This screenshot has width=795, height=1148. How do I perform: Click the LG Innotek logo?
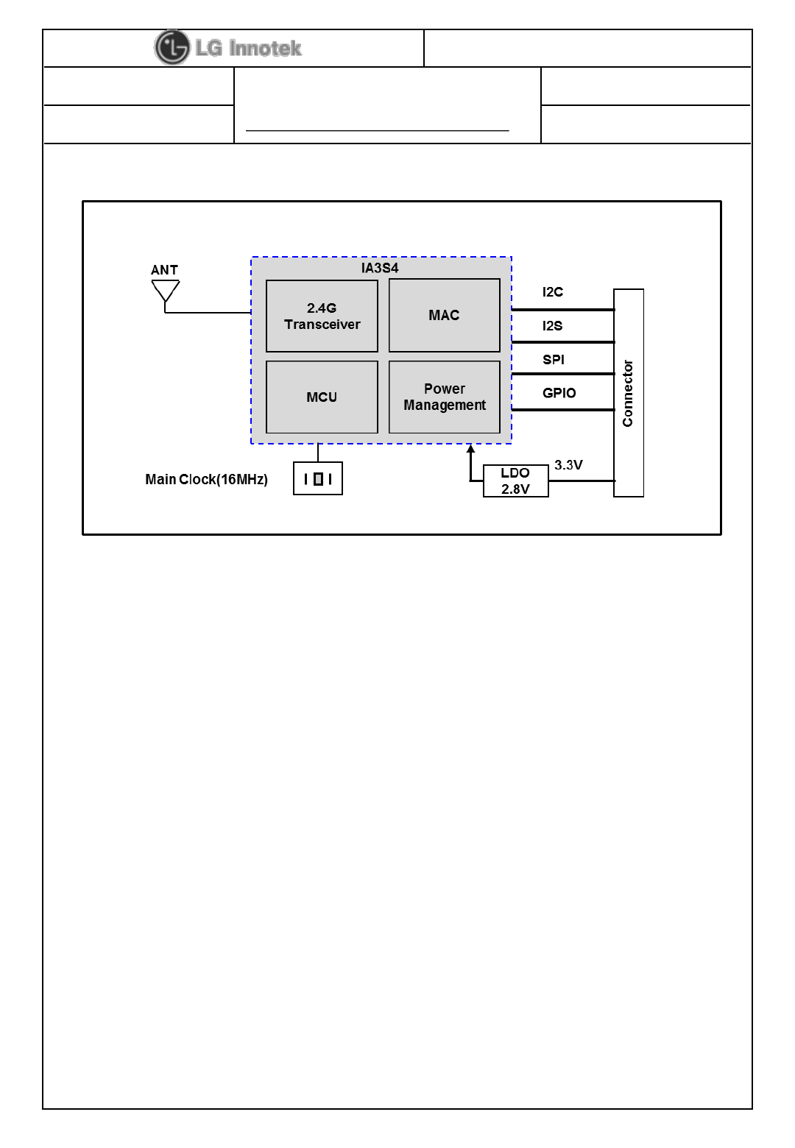coord(228,48)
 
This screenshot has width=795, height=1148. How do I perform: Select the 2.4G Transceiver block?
coord(322,316)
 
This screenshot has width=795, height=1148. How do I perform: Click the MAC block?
coord(444,316)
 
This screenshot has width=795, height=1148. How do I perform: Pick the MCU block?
coord(322,397)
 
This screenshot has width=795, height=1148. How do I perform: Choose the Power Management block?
coord(444,397)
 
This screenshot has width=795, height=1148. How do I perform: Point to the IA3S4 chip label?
coord(380,268)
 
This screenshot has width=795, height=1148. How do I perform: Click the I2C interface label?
coord(553,292)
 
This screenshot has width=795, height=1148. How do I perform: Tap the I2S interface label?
coord(553,326)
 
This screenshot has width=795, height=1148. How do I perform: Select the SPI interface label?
coord(554,360)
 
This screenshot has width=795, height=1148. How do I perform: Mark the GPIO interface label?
coord(559,393)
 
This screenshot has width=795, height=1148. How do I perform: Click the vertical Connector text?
coord(628,393)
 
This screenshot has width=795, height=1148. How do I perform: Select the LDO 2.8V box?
coord(515,481)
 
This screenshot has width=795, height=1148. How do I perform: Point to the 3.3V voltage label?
coord(568,465)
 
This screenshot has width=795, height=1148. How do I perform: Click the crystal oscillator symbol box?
coord(318,479)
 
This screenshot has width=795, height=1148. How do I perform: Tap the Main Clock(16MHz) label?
coord(206,480)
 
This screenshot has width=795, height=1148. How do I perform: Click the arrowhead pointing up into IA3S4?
coord(470,448)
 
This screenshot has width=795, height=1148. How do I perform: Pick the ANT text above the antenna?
coord(164,270)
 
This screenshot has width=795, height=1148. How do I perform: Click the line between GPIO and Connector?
coord(562,409)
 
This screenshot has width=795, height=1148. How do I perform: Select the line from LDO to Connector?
coord(581,481)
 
